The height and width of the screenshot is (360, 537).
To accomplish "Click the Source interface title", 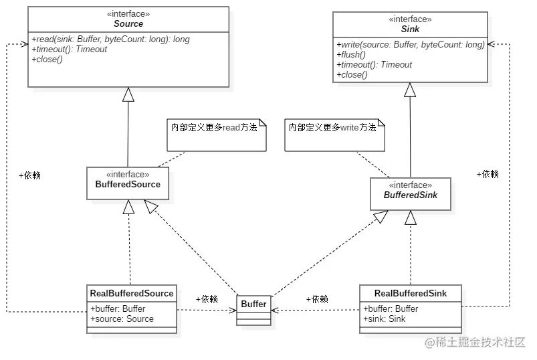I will coord(128,23).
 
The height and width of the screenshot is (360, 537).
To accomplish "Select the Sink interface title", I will coord(410,30).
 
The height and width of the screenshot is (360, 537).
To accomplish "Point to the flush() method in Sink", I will coord(350,55).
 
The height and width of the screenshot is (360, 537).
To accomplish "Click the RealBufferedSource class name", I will coord(131,293).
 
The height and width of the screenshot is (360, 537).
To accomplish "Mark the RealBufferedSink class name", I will coord(410,293).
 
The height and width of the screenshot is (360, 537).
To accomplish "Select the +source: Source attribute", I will coord(122,319).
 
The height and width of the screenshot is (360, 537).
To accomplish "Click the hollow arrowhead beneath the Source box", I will coord(128,95).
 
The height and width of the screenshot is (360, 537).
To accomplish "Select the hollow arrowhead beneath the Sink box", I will coord(410,90).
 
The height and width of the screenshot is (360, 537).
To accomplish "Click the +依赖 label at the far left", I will coord(29,175).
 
